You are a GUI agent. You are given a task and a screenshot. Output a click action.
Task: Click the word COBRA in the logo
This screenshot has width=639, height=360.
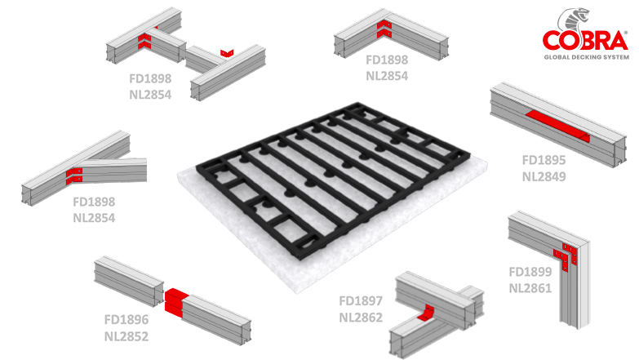click(585, 41)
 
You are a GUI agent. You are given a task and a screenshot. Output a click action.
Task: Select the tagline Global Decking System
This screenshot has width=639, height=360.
click(587, 57)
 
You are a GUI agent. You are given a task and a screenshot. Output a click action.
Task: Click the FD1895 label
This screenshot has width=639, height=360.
click(544, 160)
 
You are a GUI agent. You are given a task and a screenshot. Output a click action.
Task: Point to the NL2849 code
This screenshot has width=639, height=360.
click(544, 176)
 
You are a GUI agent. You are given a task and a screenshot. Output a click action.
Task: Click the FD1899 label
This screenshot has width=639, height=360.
click(530, 272)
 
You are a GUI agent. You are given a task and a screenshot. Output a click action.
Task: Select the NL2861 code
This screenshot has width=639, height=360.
click(530, 288)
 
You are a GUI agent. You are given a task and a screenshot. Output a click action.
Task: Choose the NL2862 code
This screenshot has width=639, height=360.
click(361, 318)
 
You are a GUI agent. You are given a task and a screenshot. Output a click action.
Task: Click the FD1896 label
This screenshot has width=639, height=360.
click(126, 320)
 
